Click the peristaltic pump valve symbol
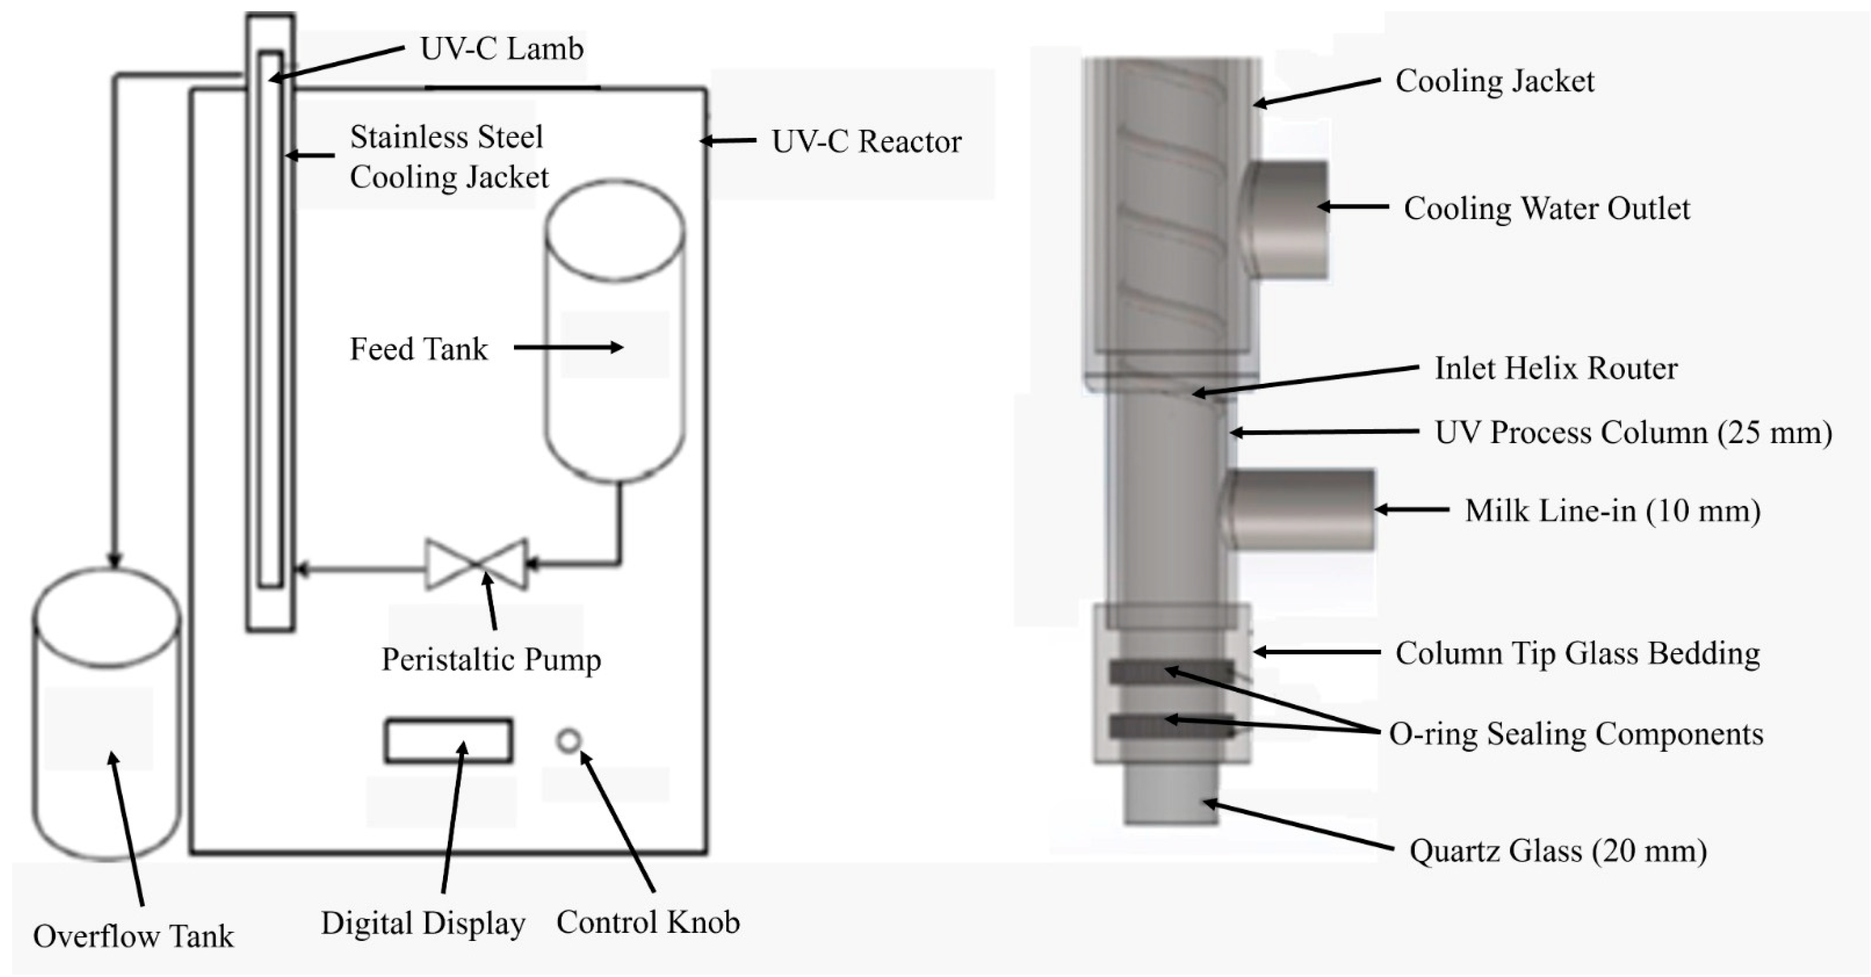click(476, 564)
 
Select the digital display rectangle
click(448, 740)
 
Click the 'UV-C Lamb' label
click(501, 49)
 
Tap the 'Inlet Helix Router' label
click(1556, 368)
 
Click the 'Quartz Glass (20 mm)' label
click(1557, 850)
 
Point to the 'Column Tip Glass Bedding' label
click(1577, 654)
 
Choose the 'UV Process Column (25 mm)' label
click(1633, 433)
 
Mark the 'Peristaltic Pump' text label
click(491, 660)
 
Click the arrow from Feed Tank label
click(567, 348)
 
